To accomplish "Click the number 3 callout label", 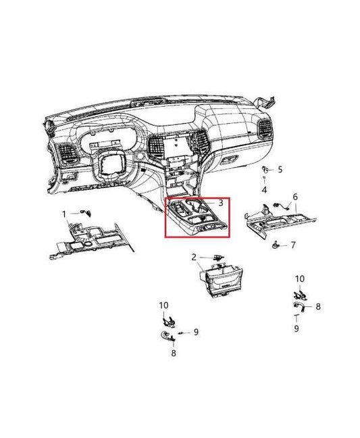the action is (220, 203).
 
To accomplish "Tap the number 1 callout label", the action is (64, 214).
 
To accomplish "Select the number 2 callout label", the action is (194, 258).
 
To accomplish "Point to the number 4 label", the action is (264, 190).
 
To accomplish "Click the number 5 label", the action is (280, 169).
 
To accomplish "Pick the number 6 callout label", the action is (295, 197).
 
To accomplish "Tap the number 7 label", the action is (292, 245).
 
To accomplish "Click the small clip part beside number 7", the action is (276, 245).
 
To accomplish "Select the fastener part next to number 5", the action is (265, 169).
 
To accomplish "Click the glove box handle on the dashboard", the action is (230, 160).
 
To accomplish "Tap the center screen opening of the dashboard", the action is (176, 146).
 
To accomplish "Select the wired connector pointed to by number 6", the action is (280, 205).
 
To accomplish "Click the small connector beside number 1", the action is (85, 212).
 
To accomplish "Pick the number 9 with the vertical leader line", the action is (297, 328).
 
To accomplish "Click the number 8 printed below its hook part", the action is (174, 353).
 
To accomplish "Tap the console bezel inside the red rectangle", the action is (196, 216).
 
